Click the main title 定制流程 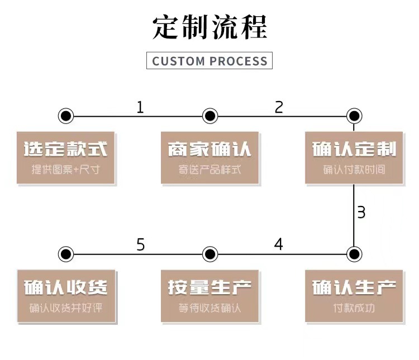pos(209,27)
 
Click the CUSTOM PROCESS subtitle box pos(209,60)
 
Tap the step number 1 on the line pos(140,107)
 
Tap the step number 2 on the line pos(279,107)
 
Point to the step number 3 pos(361,212)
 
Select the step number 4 pos(278,244)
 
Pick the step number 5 pos(140,244)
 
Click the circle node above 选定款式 pos(66,116)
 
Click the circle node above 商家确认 pos(209,116)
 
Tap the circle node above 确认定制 pos(354,116)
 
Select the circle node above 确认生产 pos(354,254)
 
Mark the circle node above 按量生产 pos(209,254)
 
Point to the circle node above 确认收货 pos(66,254)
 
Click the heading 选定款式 pos(66,149)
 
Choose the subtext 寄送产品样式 pos(209,170)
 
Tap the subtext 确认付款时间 pos(354,170)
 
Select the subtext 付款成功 pos(354,308)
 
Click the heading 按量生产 pos(209,287)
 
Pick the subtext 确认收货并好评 pos(66,308)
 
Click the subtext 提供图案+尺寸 pos(66,170)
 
